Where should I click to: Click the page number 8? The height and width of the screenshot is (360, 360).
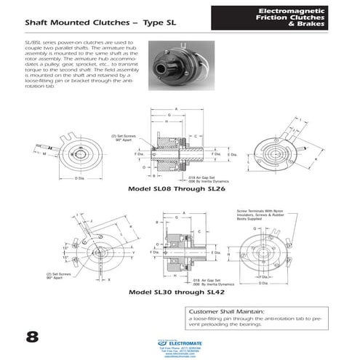[x=32, y=336]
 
